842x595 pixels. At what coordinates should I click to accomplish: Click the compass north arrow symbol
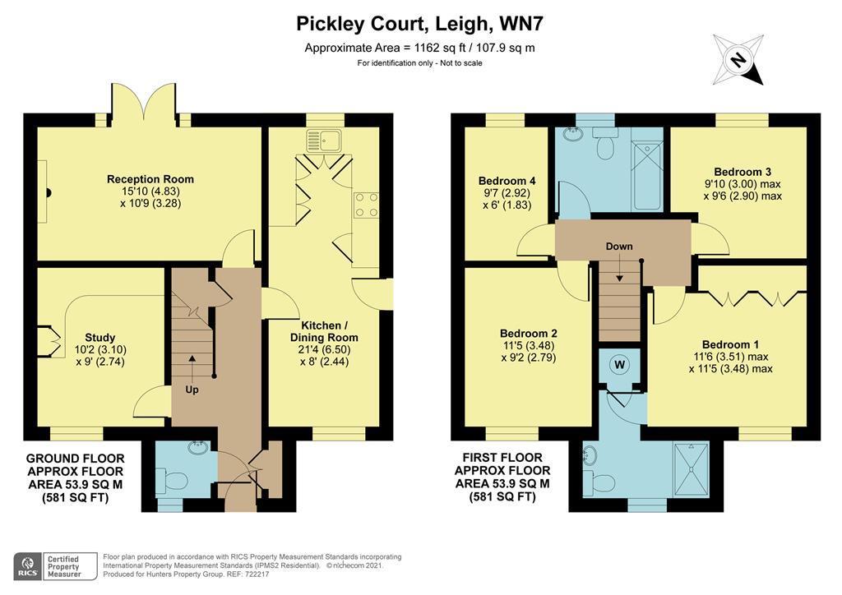coord(738,59)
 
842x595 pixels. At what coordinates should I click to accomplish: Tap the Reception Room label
coord(150,179)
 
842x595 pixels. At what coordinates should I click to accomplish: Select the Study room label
coord(99,337)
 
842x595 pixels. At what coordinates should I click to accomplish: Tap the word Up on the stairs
coord(192,388)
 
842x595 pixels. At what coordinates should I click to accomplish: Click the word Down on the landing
coord(618,247)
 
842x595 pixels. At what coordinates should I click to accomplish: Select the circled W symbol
coord(618,363)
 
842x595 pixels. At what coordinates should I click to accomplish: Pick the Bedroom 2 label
coord(529,333)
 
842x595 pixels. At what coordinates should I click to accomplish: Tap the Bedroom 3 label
coord(742,172)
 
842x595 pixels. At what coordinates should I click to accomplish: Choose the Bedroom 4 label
coord(507,181)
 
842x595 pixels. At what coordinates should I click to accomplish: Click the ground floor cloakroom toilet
coord(165,480)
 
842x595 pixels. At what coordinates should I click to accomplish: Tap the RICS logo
coord(27,565)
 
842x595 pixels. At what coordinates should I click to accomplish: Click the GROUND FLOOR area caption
coord(76,477)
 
